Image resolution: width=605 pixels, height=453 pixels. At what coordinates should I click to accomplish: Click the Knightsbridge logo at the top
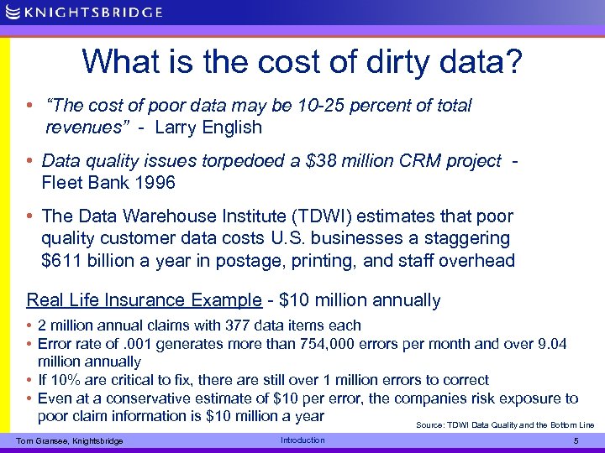(83, 12)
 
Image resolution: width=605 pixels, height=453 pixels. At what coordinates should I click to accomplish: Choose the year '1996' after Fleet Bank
(155, 182)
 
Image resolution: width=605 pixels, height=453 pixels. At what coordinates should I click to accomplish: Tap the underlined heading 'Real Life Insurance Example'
(144, 300)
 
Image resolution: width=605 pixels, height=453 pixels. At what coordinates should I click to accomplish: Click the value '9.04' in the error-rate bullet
(550, 344)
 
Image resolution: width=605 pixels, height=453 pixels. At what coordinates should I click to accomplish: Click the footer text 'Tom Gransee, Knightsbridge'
(70, 441)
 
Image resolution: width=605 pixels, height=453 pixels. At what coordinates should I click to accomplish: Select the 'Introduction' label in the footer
(302, 440)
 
